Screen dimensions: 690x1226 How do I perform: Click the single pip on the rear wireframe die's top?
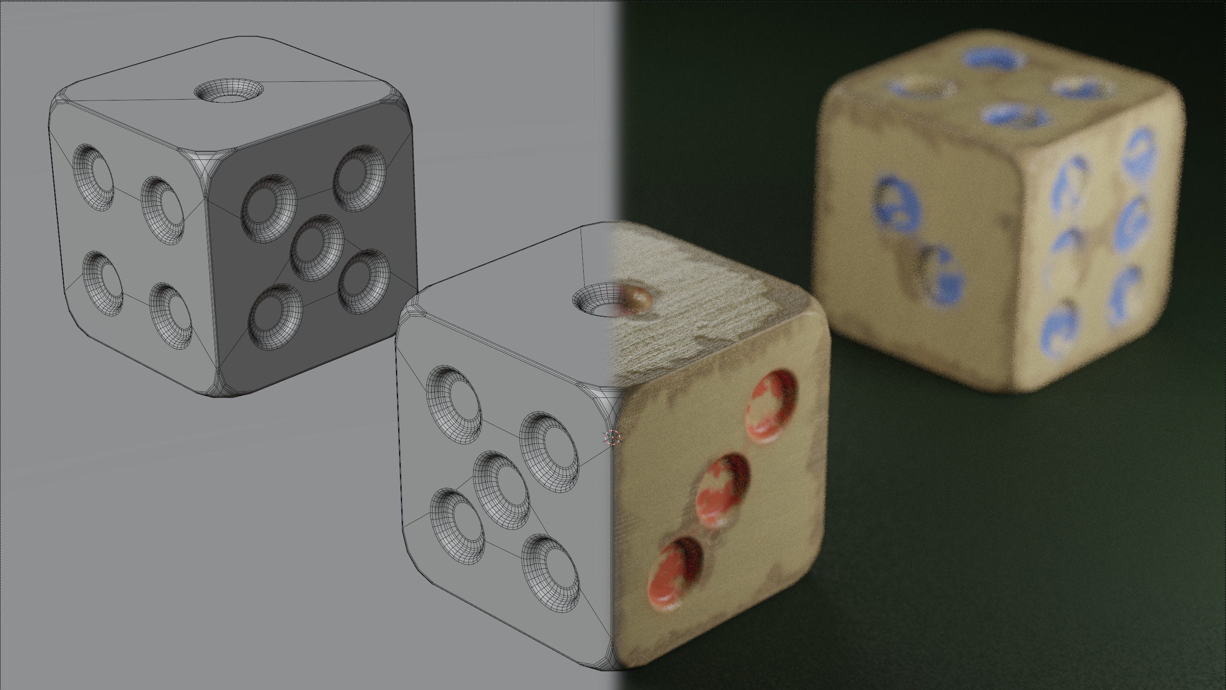pos(229,91)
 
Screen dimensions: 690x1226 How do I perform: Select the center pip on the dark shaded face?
pos(317,247)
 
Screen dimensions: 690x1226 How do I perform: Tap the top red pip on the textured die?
pos(772,404)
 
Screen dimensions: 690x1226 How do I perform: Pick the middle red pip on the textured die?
pos(723,490)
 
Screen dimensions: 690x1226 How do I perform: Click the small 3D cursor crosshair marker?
pos(612,437)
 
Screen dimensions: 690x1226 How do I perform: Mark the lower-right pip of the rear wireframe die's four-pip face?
pos(171,316)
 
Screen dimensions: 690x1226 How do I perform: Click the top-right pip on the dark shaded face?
pos(359,179)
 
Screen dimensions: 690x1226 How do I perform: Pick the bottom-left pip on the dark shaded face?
pos(276,316)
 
